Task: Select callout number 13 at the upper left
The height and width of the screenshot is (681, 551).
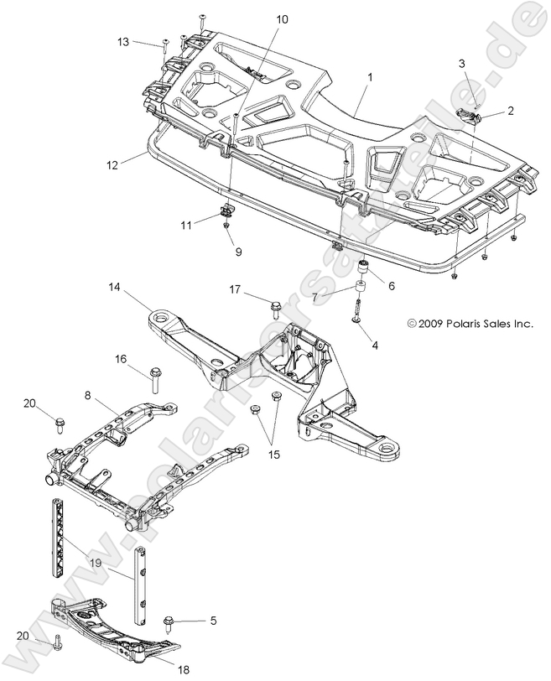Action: (x=124, y=41)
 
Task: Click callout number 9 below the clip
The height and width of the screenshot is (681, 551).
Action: (x=239, y=251)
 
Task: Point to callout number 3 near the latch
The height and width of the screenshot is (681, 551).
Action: (x=461, y=64)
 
